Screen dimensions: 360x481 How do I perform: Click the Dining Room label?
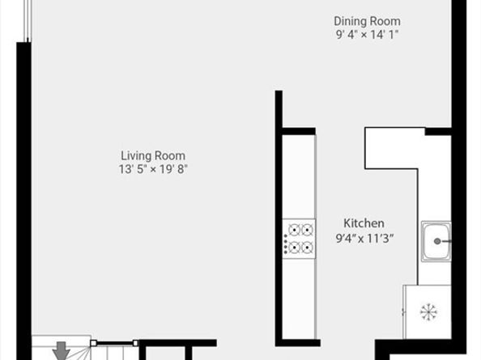coord(367,21)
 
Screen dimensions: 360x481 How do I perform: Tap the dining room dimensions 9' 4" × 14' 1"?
coord(367,34)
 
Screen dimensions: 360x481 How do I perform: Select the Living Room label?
coord(153,155)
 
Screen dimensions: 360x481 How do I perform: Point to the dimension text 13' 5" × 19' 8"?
coord(153,169)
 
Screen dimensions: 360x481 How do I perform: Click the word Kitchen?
coord(364,223)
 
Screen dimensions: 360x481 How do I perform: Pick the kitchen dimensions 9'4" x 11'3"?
coord(364,237)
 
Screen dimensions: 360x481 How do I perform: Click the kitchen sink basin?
coord(436,241)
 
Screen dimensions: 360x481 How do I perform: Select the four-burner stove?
coord(299,239)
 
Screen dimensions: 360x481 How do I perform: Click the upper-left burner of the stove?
coord(295,230)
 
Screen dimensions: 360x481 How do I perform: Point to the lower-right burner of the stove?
coord(307,248)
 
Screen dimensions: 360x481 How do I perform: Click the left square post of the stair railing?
coord(93,343)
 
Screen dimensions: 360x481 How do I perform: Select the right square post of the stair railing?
coord(134,343)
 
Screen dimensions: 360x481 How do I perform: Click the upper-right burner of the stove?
coord(307,230)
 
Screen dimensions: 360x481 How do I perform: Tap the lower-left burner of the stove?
coord(295,248)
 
